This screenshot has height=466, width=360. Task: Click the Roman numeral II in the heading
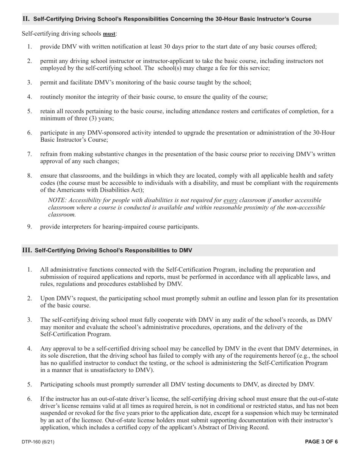pyautogui.click(x=26, y=19)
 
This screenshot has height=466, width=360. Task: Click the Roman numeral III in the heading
pyautogui.click(x=27, y=250)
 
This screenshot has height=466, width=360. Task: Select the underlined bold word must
pyautogui.click(x=109, y=34)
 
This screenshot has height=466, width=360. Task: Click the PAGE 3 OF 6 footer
pyautogui.click(x=321, y=441)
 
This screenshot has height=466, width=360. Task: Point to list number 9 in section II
pyautogui.click(x=29, y=227)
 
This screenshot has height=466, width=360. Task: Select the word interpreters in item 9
pyautogui.click(x=78, y=227)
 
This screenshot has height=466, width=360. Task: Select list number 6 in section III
pyautogui.click(x=29, y=399)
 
